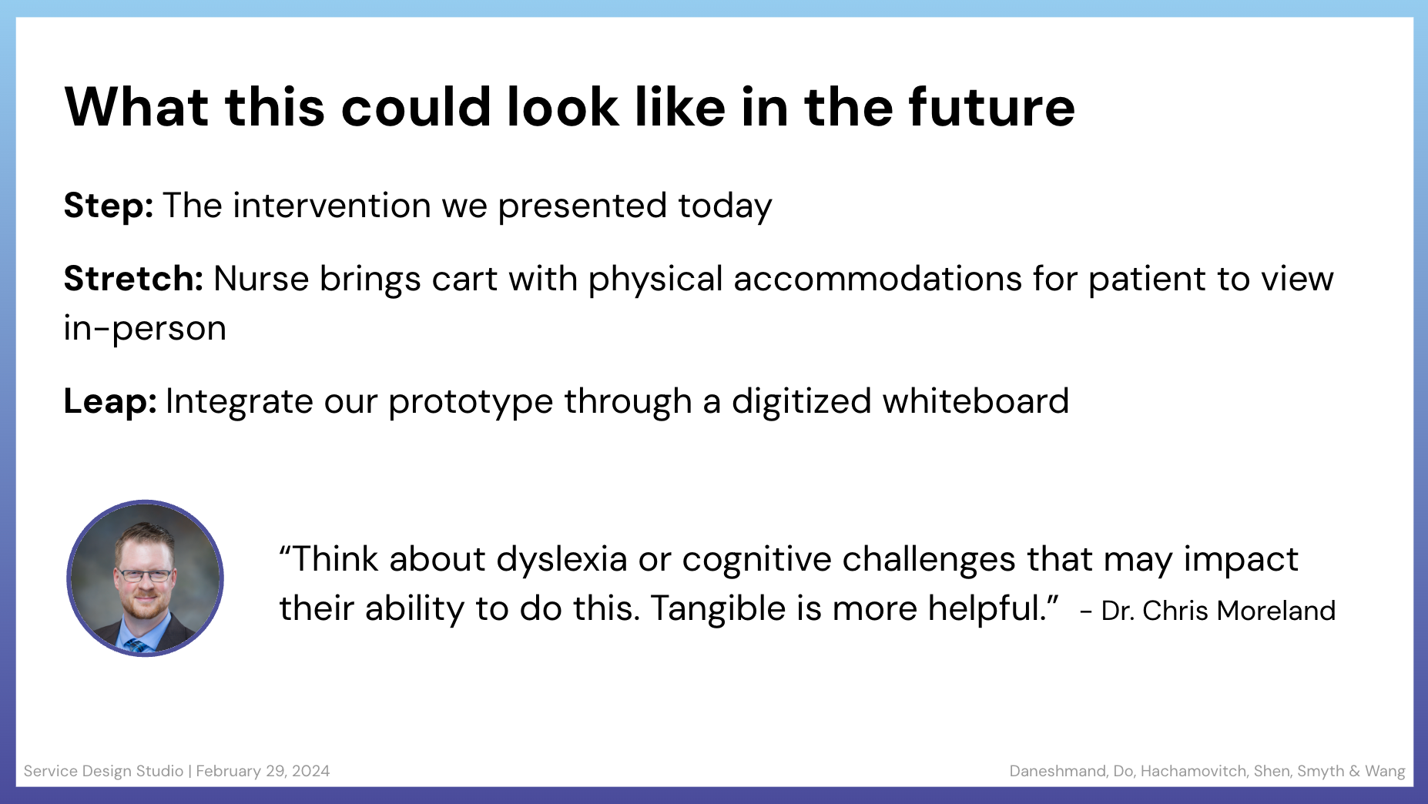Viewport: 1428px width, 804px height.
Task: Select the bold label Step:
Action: tap(109, 206)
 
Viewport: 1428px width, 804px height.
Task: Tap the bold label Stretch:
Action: tap(133, 278)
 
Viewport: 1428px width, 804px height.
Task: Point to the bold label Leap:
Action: tap(110, 401)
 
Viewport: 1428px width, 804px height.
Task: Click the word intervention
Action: tap(332, 206)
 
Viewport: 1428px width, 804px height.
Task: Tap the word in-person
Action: tap(145, 329)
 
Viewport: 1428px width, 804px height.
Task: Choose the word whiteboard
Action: tap(976, 401)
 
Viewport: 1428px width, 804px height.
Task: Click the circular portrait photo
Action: tap(146, 578)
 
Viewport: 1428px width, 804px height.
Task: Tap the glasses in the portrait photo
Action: tap(144, 575)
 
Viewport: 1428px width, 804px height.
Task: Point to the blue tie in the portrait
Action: tap(139, 645)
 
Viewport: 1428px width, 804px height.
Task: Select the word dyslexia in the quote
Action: tap(562, 559)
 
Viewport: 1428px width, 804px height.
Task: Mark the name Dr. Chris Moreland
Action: tap(1218, 611)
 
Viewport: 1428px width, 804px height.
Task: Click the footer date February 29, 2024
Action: tap(263, 771)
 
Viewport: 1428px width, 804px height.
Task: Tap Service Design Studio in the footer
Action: tap(103, 771)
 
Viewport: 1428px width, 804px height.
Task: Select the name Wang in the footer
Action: tap(1385, 772)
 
